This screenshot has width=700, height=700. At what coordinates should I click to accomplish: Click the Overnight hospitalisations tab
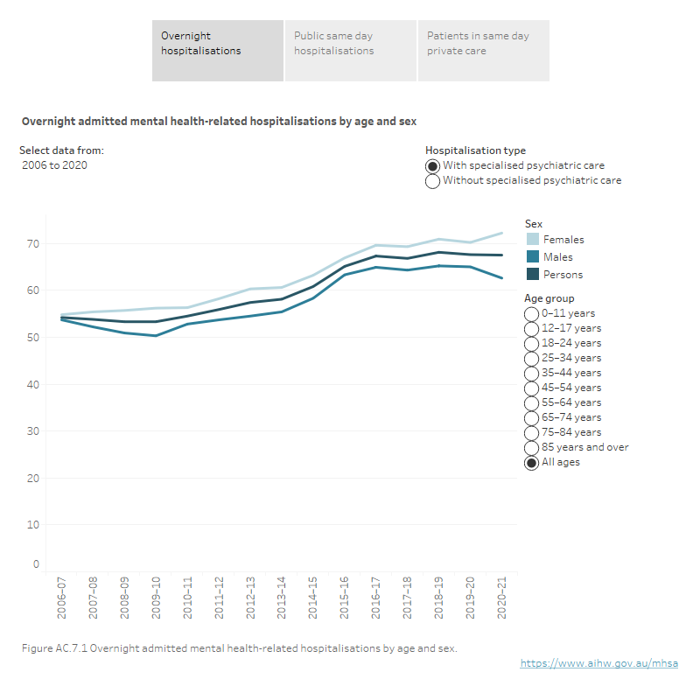(217, 51)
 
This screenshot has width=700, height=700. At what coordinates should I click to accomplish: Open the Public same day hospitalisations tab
(350, 51)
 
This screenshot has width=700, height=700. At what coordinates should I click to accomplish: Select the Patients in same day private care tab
(483, 51)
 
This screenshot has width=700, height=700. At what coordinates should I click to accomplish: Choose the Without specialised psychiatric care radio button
(432, 181)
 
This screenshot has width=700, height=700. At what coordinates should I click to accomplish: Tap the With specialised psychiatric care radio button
(432, 165)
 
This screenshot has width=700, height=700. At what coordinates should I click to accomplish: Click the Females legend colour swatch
(532, 240)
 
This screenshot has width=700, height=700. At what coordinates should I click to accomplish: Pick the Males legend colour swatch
(532, 257)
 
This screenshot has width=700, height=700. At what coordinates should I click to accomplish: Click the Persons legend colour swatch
(532, 275)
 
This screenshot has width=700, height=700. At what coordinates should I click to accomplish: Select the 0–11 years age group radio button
(531, 314)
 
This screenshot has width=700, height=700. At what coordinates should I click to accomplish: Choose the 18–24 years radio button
(531, 344)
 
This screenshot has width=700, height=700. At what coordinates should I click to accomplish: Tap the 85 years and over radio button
(531, 448)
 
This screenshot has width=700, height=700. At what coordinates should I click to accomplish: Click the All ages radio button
(531, 463)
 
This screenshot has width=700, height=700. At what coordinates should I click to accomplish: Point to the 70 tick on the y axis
(33, 243)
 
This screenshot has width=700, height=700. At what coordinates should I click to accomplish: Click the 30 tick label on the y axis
(33, 431)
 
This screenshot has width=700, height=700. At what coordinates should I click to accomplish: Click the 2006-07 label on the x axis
(62, 598)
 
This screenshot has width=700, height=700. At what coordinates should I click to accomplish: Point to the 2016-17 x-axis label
(376, 598)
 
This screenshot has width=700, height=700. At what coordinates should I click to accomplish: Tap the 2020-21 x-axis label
(501, 598)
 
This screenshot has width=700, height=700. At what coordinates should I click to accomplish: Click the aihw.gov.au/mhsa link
(598, 664)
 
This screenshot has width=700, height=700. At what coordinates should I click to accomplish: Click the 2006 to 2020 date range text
(54, 165)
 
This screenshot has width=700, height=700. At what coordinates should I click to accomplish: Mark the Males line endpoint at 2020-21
(501, 278)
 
